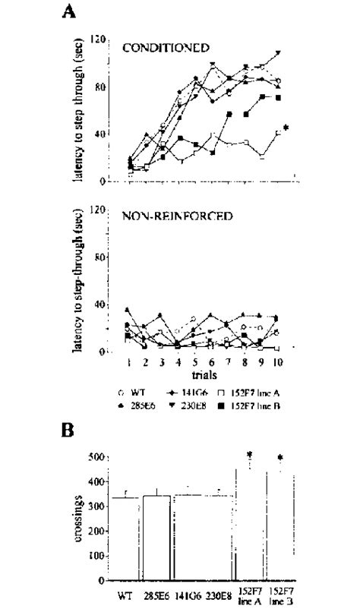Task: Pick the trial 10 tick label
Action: click(279, 363)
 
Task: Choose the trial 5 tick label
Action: click(194, 363)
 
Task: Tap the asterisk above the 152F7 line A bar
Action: click(248, 454)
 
